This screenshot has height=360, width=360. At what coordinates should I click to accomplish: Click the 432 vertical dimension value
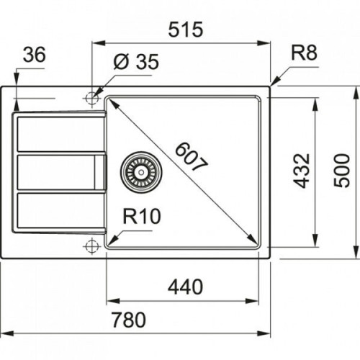(x=302, y=171)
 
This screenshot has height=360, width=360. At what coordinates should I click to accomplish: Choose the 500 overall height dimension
(x=343, y=171)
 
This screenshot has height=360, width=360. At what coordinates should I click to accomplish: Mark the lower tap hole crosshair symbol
(x=91, y=246)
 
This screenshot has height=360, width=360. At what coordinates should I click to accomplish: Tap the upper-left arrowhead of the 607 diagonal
(x=110, y=102)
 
